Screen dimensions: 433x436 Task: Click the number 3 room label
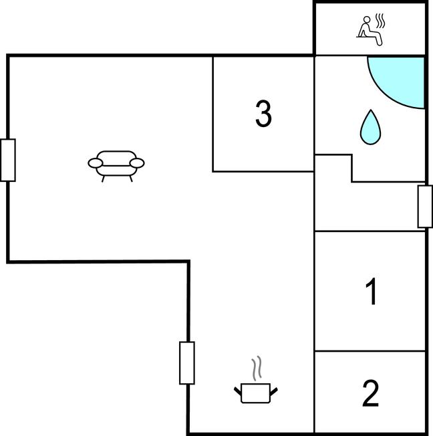263,114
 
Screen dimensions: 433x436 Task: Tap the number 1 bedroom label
372,291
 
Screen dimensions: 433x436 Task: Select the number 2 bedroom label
371,393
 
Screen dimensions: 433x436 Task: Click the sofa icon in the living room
116,167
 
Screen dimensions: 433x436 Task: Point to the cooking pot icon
256,393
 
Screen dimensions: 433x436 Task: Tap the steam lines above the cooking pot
257,368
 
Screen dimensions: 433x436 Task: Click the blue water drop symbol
370,127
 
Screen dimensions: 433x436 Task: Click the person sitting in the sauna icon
370,31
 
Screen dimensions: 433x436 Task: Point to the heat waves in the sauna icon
380,21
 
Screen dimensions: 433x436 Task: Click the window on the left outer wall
8,160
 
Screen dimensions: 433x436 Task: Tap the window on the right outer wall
425,207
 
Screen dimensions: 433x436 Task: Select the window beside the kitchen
187,363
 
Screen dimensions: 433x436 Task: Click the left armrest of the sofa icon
96,163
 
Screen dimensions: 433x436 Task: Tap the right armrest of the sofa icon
137,163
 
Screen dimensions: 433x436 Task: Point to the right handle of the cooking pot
274,392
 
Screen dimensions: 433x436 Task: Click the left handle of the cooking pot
238,391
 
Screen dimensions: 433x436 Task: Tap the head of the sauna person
367,19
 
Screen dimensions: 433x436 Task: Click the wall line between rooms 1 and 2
370,351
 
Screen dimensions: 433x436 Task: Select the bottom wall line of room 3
263,172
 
